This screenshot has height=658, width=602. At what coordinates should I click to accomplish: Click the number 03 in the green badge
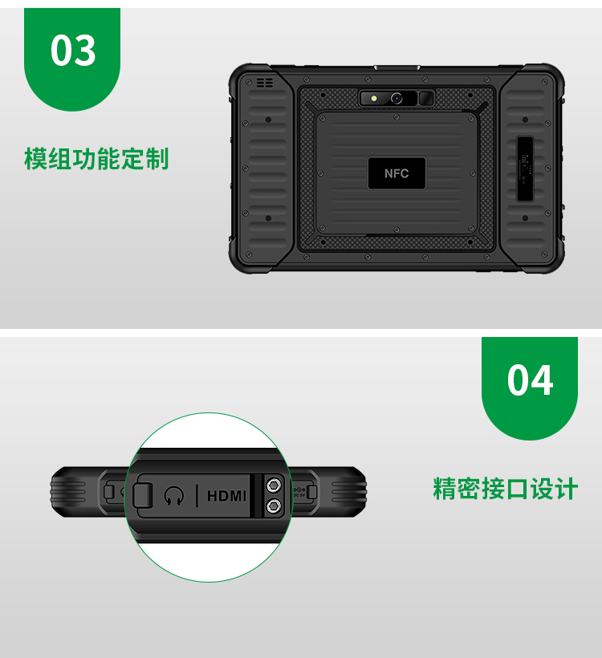(73, 51)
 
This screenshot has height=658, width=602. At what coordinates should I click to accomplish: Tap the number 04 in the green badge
(530, 380)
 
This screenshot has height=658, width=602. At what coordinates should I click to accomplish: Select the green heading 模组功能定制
(96, 159)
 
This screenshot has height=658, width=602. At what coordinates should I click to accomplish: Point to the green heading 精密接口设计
(506, 489)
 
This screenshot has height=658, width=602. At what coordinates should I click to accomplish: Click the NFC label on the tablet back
(397, 173)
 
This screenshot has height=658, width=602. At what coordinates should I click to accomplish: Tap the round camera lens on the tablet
(397, 99)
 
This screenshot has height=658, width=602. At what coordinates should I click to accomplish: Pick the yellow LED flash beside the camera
(373, 99)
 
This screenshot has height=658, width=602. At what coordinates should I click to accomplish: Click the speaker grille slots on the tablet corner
(264, 83)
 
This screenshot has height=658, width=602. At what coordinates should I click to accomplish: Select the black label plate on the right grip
(525, 169)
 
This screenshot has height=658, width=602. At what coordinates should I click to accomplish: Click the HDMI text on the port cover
(226, 497)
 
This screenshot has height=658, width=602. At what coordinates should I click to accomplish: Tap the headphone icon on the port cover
(174, 496)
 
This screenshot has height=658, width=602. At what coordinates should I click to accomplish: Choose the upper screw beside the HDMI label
(274, 486)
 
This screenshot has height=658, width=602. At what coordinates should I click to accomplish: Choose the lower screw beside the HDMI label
(274, 506)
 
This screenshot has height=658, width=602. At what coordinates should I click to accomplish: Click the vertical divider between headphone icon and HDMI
(197, 496)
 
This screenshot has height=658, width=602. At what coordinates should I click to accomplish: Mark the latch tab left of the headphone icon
(143, 495)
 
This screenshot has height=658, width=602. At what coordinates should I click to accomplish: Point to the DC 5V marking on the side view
(299, 493)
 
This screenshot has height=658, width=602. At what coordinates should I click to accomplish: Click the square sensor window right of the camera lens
(426, 99)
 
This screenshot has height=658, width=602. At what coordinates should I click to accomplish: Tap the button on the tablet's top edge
(397, 67)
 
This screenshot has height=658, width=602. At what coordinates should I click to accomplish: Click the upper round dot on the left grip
(268, 120)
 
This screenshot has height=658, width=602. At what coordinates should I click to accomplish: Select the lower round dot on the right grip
(525, 218)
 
